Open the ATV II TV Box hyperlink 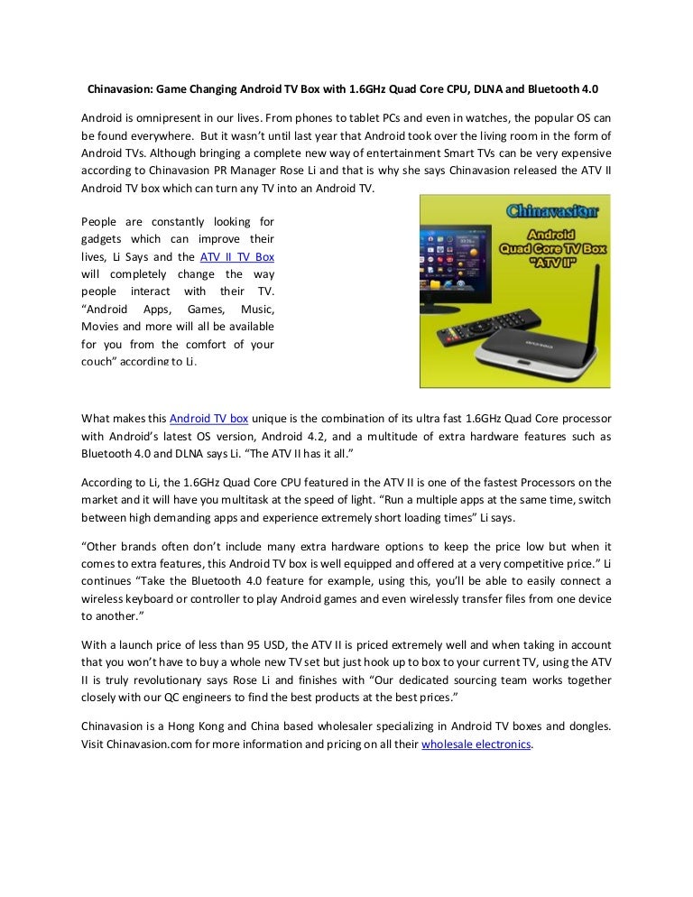tap(237, 257)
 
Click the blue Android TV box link tap(209, 419)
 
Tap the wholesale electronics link tap(476, 744)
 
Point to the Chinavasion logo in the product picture tap(550, 213)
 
